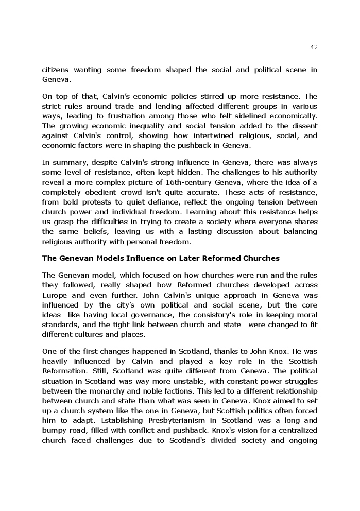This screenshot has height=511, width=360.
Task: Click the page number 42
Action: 314,47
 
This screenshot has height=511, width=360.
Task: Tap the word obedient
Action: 96,192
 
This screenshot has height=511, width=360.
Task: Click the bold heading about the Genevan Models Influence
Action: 161,258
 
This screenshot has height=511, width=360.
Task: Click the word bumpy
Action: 55,430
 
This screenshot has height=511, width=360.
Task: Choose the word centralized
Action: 294,430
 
